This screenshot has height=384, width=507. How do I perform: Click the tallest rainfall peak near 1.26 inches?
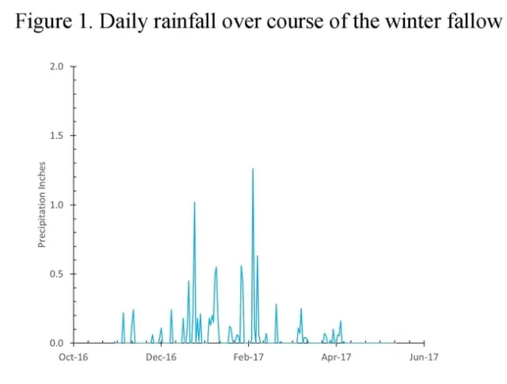pos(253,169)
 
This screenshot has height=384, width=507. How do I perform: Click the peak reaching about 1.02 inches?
pos(194,202)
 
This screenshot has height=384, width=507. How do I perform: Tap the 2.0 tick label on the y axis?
pos(57,67)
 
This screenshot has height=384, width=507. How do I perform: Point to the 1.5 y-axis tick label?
pos(57,136)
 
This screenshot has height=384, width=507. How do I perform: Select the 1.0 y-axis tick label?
pos(57,205)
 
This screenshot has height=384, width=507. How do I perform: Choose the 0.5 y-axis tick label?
pos(57,274)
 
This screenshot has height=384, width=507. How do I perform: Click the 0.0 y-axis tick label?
pos(57,343)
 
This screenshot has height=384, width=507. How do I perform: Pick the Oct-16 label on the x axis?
pos(74,357)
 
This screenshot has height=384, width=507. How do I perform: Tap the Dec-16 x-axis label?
pos(161,357)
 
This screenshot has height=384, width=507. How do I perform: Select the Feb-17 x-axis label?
pos(248,357)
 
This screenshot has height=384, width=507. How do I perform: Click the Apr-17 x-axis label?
pos(336,357)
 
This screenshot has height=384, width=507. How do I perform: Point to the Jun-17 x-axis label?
pos(424,357)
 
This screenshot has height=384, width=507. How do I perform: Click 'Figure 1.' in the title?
pos(50,21)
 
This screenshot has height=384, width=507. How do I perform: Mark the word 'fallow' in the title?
pos(478,21)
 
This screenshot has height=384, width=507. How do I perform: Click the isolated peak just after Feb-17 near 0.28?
pos(276,305)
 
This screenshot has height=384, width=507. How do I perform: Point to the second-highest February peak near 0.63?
pos(257,256)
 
